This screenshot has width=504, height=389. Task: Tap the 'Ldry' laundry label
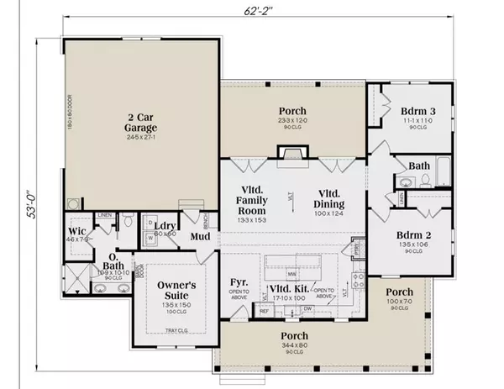pos(165,227)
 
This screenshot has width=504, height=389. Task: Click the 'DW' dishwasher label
pos(308,309)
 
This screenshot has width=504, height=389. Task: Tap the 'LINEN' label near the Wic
pos(104,215)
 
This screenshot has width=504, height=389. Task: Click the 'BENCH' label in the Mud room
pos(206,220)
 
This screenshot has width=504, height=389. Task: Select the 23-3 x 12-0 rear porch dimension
pos(292,121)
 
